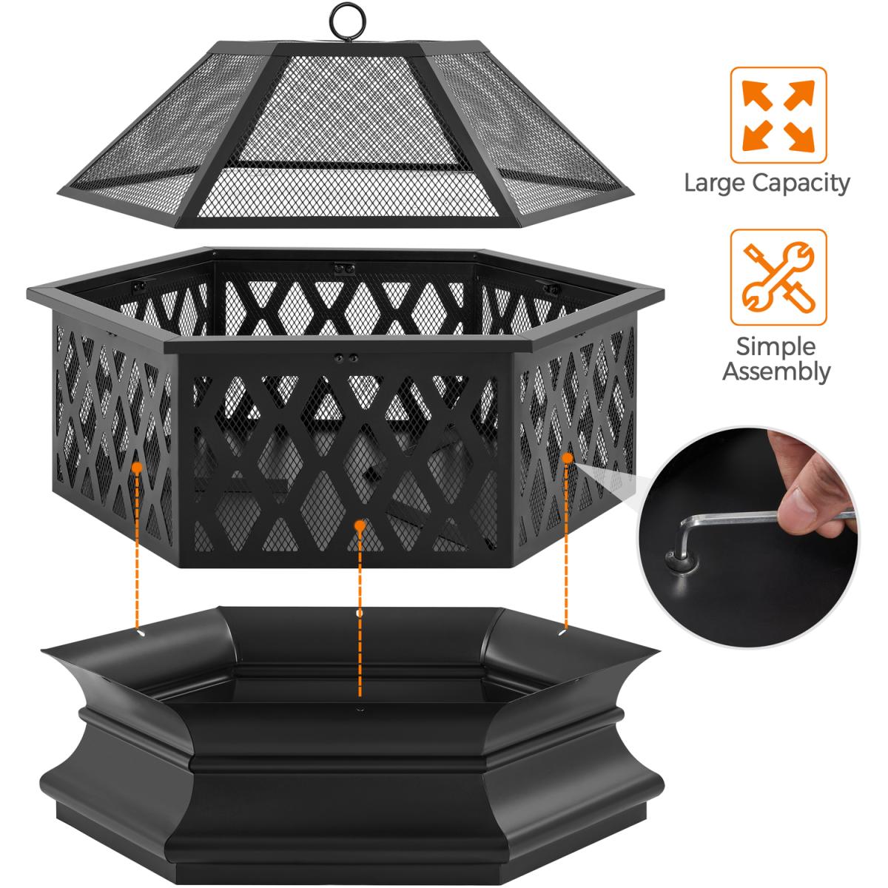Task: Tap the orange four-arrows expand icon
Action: point(778,115)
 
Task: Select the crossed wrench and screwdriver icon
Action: point(778,277)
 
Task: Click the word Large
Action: point(715,184)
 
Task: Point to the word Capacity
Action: point(801,184)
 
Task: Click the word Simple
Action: point(776,346)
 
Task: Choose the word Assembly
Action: point(776,371)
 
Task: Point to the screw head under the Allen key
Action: point(681,563)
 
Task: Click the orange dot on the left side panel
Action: point(136,467)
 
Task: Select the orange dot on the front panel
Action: point(360,525)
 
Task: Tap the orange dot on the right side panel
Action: point(568,457)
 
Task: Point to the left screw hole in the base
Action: point(140,634)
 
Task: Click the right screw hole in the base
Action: point(562,633)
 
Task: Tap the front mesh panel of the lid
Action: point(348,138)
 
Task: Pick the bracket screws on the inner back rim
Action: point(345,268)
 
